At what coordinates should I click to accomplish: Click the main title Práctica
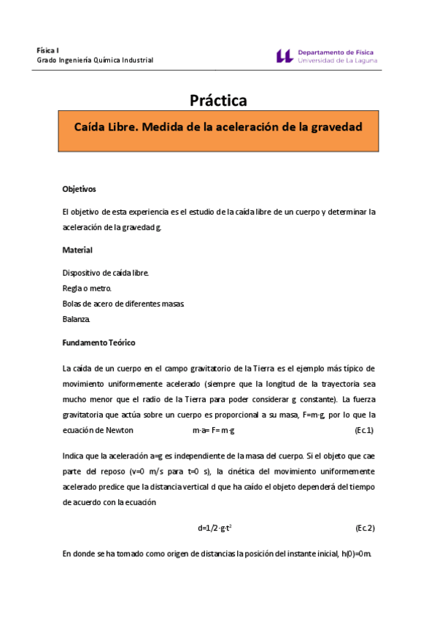218,100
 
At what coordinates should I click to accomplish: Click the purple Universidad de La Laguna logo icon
285,55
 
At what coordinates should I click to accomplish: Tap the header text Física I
48,50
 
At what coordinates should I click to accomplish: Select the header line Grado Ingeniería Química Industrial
95,60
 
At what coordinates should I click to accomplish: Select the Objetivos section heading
80,189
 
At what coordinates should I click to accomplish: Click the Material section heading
77,250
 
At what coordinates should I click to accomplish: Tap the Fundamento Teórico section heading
98,342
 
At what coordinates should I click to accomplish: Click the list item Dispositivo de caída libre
106,273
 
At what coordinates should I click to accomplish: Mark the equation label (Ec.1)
363,430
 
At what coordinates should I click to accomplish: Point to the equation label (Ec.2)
364,527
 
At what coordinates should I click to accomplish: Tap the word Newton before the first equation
119,430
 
